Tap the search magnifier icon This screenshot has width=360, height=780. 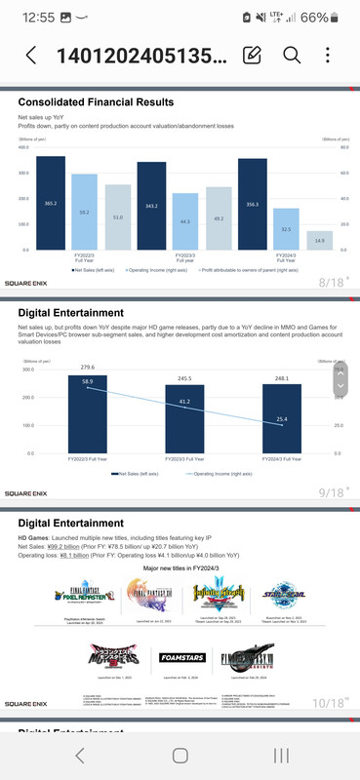point(291,55)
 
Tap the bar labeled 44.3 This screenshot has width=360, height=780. point(184,221)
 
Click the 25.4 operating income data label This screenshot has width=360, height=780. point(281,419)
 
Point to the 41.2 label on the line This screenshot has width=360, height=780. point(184,402)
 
